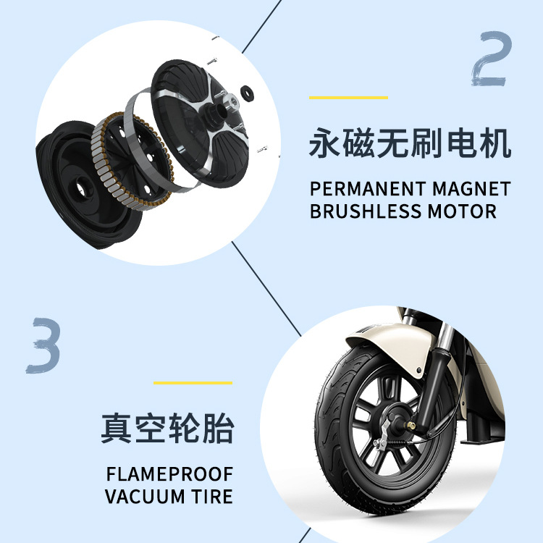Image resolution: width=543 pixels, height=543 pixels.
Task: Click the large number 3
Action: [x=44, y=343]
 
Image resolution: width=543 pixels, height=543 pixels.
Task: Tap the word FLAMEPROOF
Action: [x=169, y=475]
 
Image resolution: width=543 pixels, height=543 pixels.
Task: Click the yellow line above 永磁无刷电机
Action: [x=348, y=98]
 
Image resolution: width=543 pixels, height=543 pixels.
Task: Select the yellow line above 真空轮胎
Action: [x=193, y=383]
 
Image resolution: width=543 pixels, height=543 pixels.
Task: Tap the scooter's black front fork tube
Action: [x=432, y=384]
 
